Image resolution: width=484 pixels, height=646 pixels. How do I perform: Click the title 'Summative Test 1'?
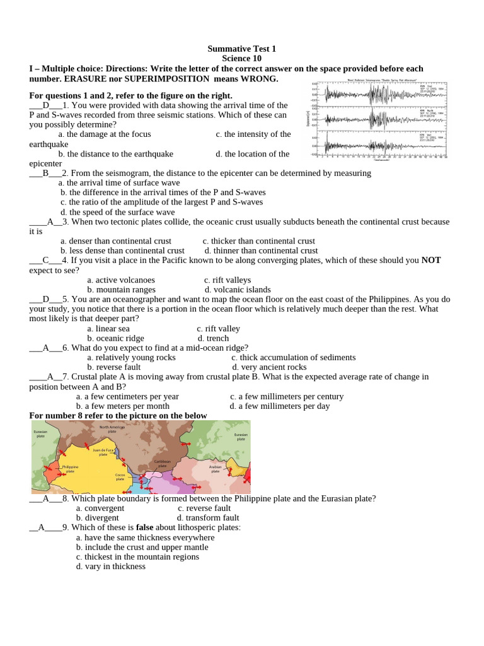click(241, 49)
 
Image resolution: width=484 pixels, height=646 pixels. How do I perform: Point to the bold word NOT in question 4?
click(431, 260)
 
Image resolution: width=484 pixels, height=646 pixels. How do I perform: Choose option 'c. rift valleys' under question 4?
click(228, 280)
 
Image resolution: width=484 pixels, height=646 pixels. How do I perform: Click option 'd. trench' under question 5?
click(213, 338)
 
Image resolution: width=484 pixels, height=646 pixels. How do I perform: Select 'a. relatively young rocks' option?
click(131, 358)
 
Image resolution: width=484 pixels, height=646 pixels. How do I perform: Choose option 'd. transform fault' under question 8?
click(208, 518)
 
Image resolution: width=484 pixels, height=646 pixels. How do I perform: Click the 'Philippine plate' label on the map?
click(70, 469)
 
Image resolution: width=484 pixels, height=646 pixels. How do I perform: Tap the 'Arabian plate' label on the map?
click(215, 469)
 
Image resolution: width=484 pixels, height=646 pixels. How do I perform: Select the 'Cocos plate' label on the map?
click(120, 477)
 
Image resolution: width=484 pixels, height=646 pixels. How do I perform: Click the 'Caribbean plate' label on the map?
click(162, 464)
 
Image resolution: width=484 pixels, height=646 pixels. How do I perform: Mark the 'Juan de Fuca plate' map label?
click(103, 452)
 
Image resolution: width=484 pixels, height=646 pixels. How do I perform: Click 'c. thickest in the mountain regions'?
click(137, 557)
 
